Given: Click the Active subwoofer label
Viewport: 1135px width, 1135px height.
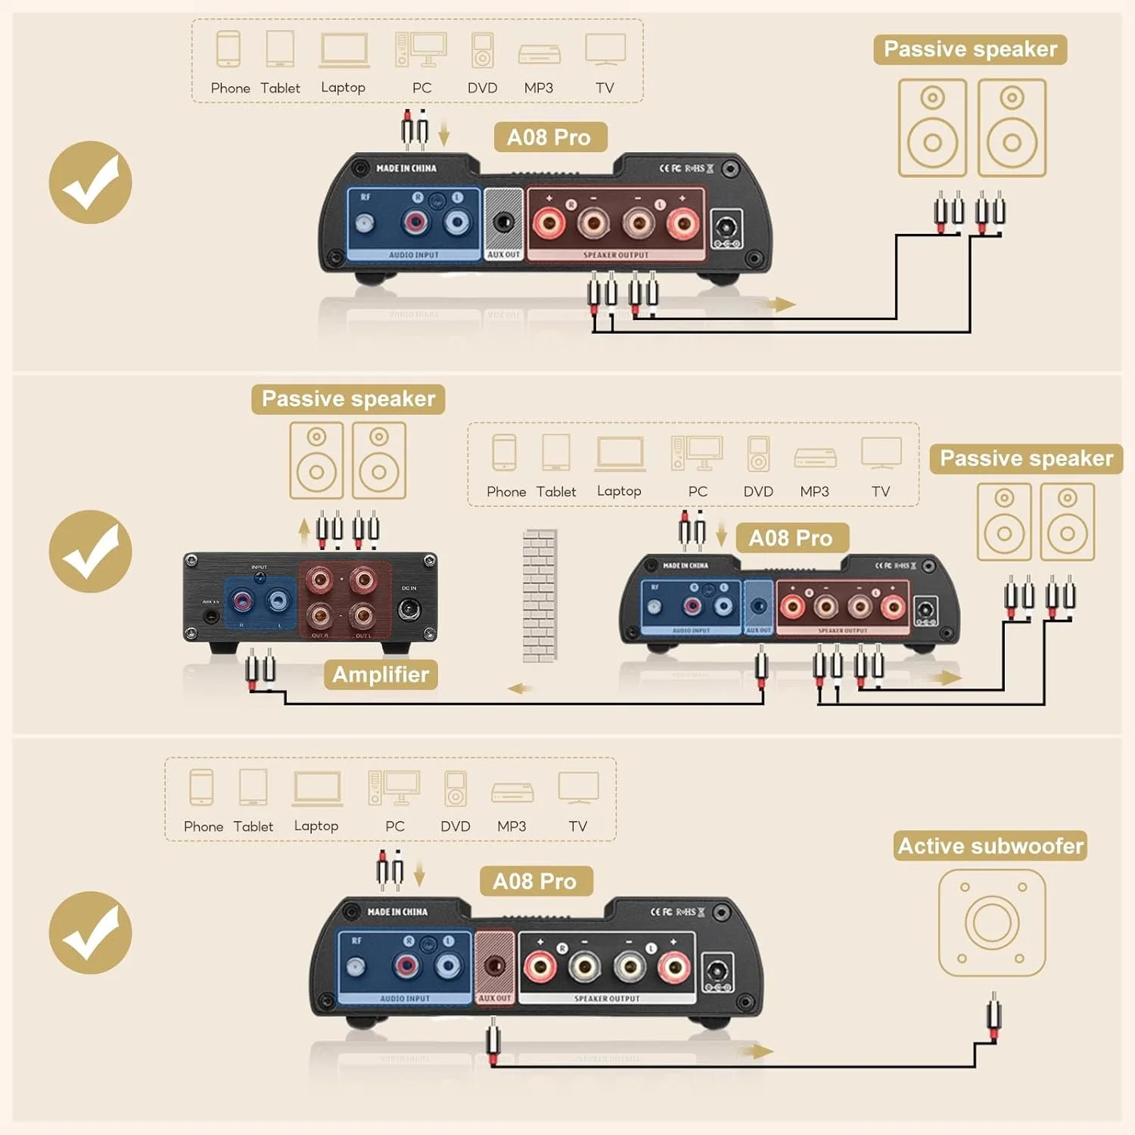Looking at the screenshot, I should (990, 846).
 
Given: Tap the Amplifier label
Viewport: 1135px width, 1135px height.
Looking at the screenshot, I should (381, 674).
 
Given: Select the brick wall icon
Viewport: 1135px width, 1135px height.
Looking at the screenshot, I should (540, 595).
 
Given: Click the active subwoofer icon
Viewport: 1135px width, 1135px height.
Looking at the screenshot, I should (991, 922).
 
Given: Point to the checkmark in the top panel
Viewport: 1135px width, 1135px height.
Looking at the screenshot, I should (90, 182).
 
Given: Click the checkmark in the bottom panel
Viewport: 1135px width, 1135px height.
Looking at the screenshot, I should (90, 931).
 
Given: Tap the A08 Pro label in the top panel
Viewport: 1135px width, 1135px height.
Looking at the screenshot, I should (549, 137).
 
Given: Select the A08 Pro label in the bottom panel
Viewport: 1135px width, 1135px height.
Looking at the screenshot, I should (535, 882).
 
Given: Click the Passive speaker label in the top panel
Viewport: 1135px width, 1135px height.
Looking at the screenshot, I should (970, 49).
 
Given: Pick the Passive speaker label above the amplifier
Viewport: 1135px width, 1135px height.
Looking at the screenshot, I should (348, 399).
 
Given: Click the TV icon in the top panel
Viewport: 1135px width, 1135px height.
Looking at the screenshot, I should (605, 50).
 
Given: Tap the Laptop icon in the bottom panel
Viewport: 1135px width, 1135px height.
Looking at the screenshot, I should (317, 788).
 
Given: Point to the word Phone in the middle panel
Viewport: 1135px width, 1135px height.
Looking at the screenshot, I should (506, 492).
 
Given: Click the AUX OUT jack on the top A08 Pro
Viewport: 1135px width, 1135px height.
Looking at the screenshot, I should (503, 222).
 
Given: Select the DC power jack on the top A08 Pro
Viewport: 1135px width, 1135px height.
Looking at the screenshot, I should (726, 228).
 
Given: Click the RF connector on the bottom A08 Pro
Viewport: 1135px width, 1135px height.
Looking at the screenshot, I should (356, 966).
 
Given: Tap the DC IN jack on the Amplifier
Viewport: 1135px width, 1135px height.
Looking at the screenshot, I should (409, 610).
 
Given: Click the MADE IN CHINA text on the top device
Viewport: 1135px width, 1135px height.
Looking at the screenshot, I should (406, 168).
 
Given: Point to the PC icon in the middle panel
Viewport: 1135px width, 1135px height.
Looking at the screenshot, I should (697, 453).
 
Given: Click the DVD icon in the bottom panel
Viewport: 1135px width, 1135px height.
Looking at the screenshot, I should (456, 788).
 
